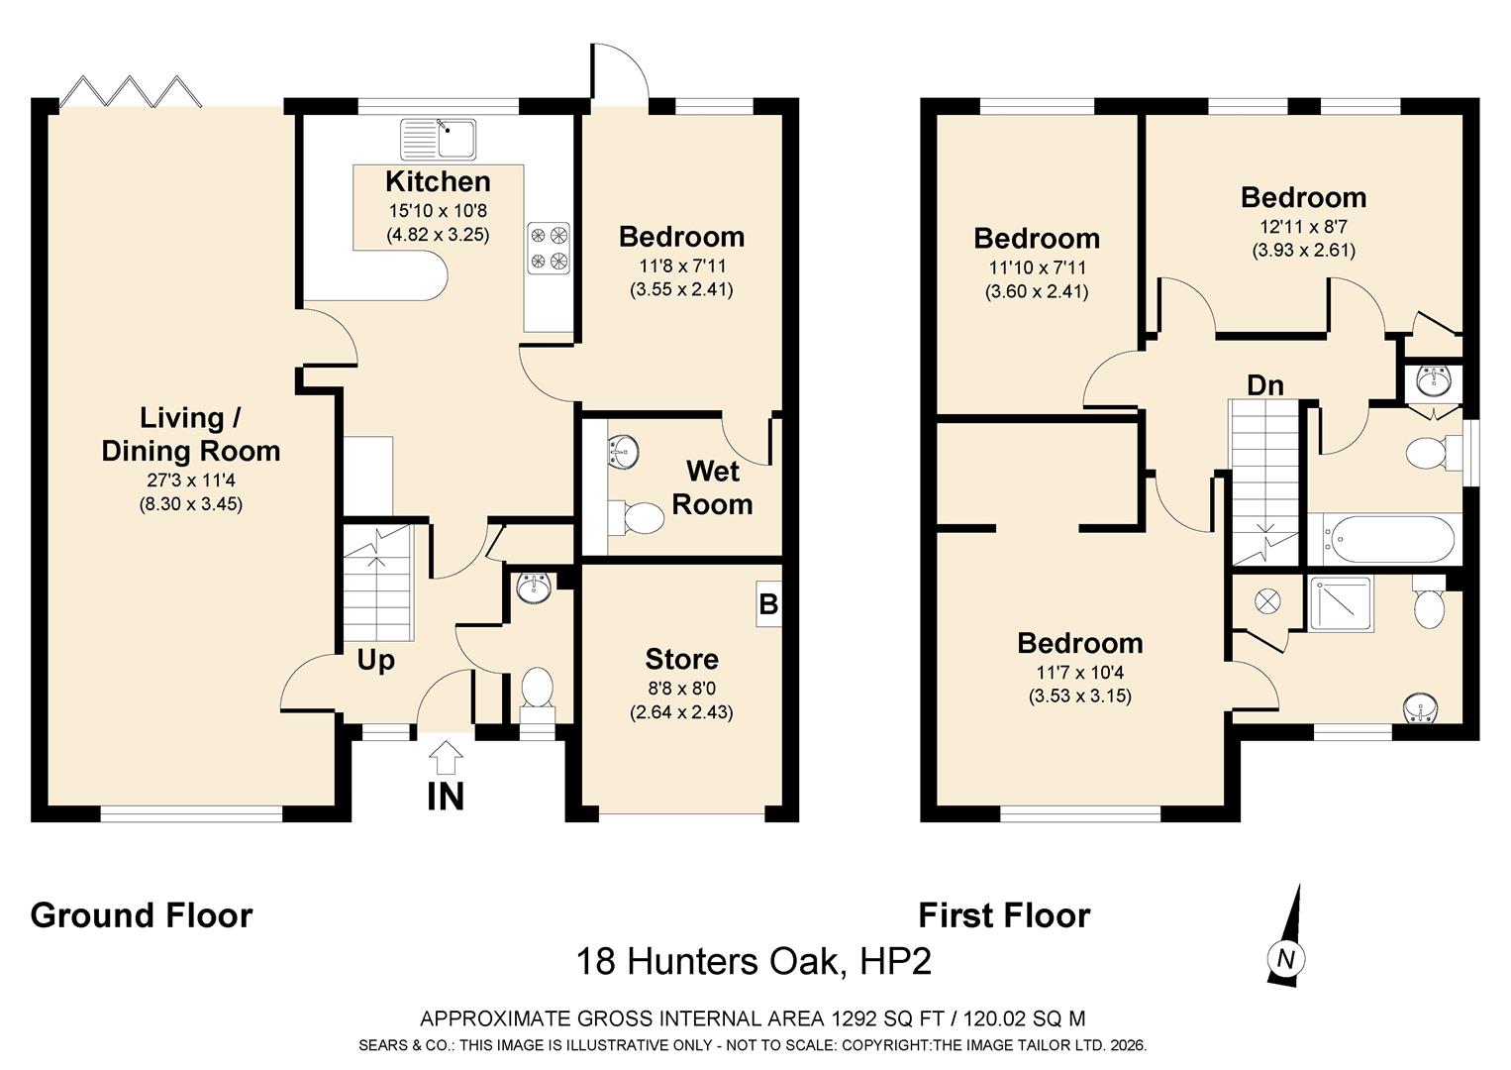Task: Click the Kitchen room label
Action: tap(438, 181)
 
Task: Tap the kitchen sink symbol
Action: tap(438, 139)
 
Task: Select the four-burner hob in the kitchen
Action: tap(549, 248)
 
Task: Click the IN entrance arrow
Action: tap(446, 758)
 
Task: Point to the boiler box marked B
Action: tap(768, 603)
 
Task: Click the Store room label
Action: tap(681, 659)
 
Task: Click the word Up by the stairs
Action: tap(375, 661)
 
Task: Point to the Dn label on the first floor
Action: tap(1264, 385)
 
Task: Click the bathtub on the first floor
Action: tap(1384, 539)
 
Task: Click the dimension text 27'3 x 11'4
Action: tap(191, 480)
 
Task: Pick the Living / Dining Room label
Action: tap(191, 435)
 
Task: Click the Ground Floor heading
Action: tap(142, 916)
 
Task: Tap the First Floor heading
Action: tap(1004, 916)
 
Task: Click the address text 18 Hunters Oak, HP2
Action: tap(754, 961)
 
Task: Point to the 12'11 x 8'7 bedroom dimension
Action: tap(1303, 226)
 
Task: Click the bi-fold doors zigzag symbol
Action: tap(132, 92)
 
